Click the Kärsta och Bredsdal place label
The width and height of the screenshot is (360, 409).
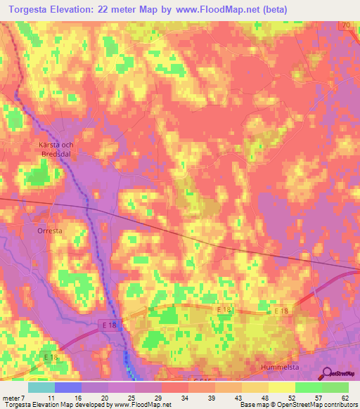(x=57, y=148)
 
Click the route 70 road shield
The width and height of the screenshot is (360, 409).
(x=345, y=26)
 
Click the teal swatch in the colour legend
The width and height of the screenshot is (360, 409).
(x=41, y=388)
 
